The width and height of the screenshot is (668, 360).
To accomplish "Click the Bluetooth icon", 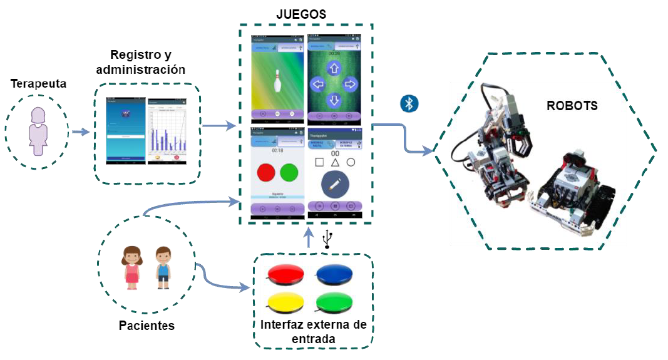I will coord(409,104).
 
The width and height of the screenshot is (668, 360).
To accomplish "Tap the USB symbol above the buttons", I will coord(327,239).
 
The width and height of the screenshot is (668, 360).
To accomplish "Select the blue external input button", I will coord(336,274).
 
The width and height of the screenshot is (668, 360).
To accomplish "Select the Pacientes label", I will coord(146,326).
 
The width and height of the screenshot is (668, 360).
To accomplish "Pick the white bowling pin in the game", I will coord(276,82).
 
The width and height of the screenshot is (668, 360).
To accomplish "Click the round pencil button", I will coord(334,184).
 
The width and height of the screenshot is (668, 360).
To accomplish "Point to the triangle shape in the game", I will coord(334,162).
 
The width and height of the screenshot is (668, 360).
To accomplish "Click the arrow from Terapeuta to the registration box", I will coord(80,132).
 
